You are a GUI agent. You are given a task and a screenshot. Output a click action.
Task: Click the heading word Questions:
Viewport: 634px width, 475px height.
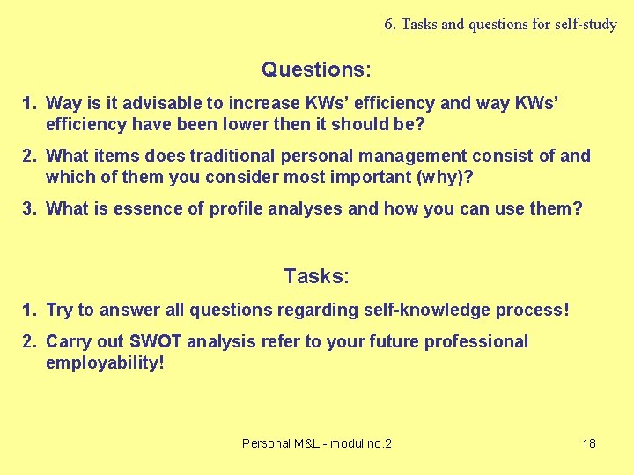[316, 69]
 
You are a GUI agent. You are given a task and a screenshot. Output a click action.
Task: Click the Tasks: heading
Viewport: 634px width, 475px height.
[316, 276]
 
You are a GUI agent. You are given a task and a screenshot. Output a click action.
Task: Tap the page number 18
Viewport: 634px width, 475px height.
[589, 443]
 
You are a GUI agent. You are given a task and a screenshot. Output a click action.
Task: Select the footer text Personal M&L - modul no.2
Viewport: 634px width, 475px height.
[317, 443]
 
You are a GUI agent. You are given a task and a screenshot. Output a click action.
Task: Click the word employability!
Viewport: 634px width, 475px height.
[105, 362]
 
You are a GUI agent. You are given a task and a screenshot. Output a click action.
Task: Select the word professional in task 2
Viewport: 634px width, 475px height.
[475, 341]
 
